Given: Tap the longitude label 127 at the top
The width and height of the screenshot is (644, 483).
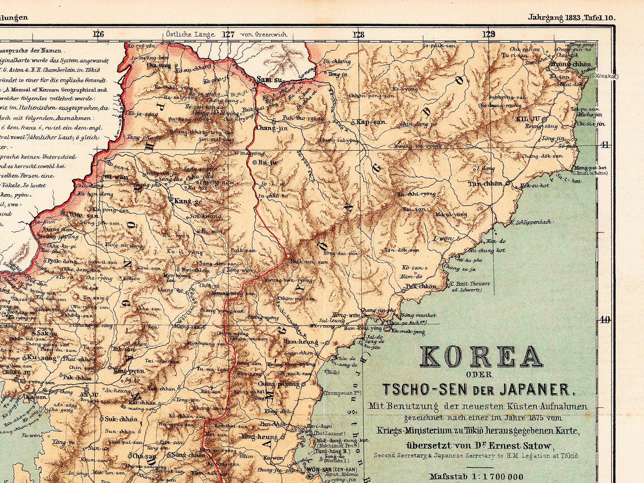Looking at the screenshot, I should pos(228,34).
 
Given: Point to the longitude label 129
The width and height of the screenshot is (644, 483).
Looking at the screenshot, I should pos(489,34).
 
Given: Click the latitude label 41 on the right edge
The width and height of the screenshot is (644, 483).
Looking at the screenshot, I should pos(604,145).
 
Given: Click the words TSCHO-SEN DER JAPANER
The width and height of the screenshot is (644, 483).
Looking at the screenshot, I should pos(479,389).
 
